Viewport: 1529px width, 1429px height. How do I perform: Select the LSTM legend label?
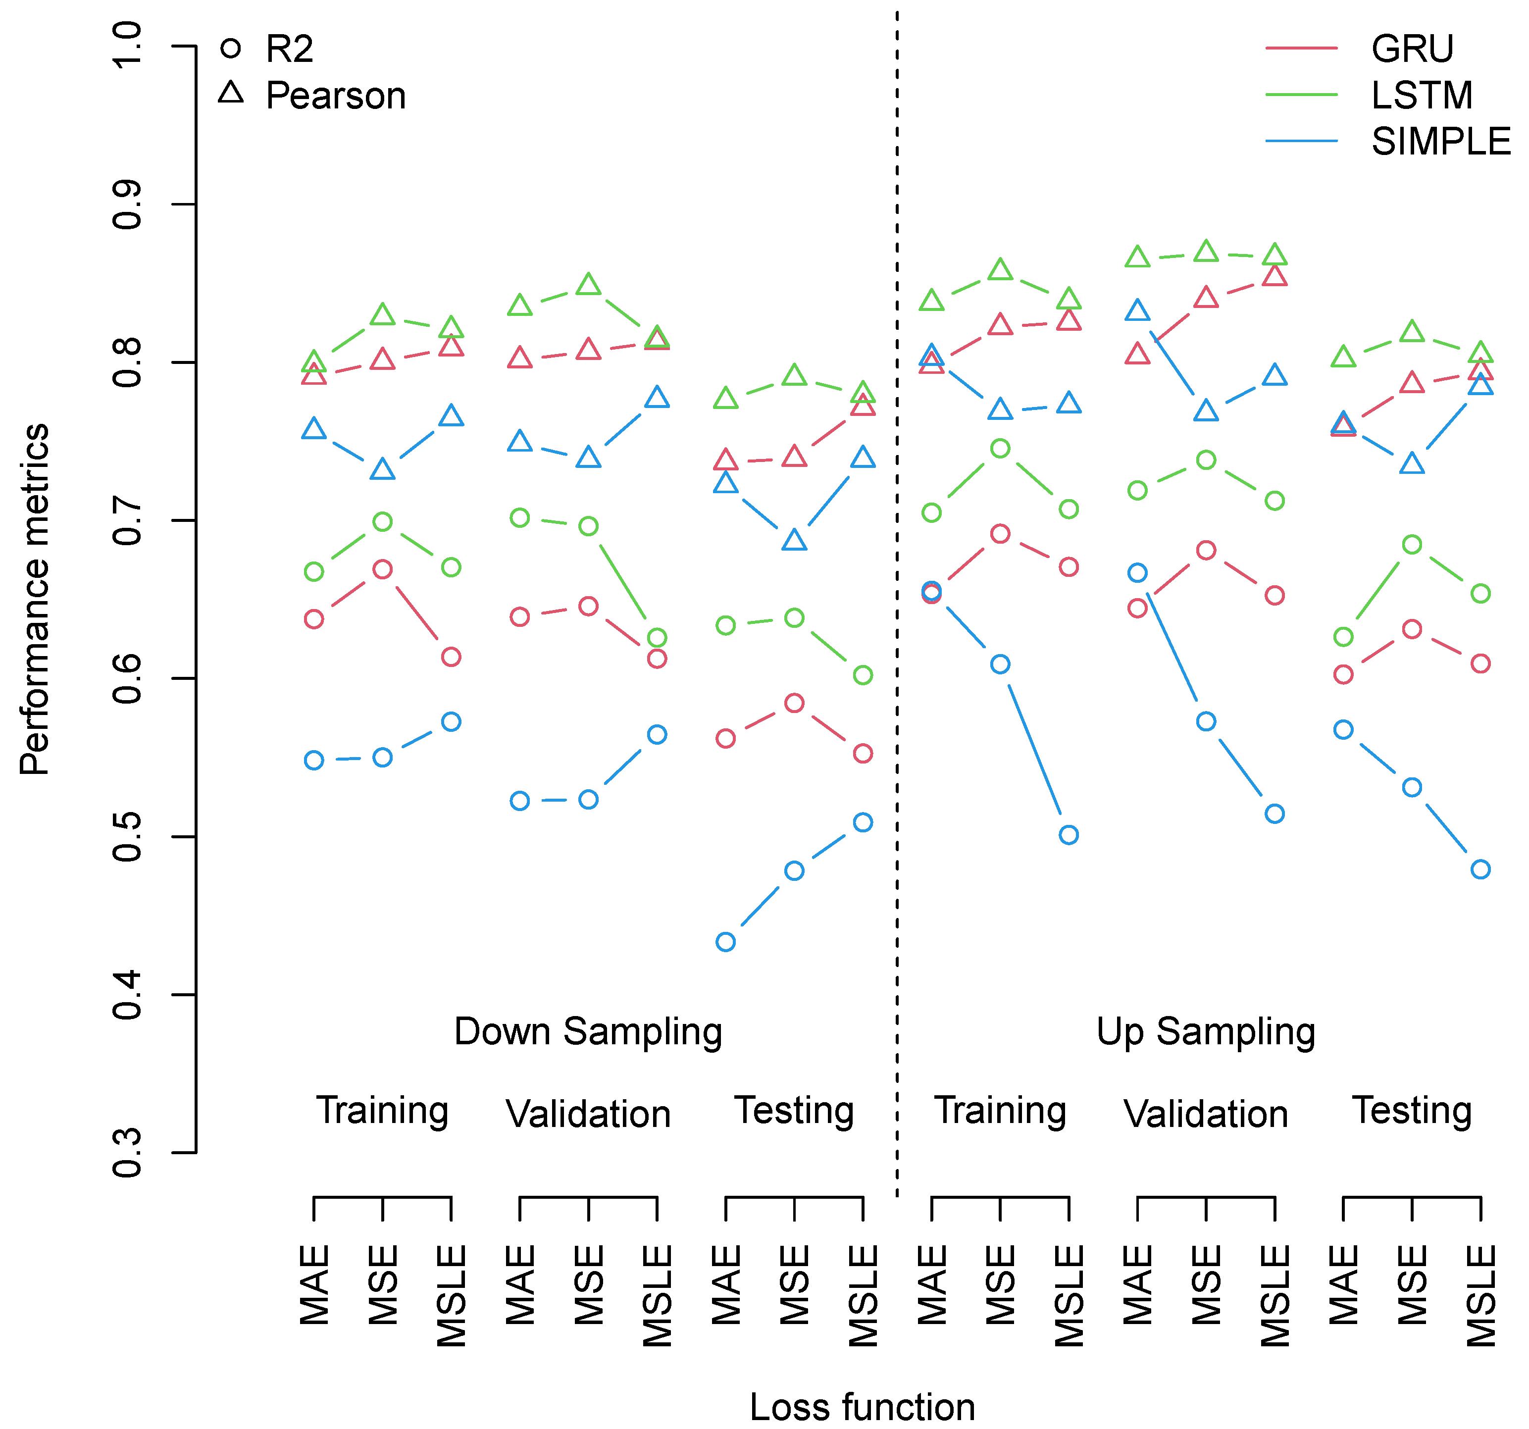1422,96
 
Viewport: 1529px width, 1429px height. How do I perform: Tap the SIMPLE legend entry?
1440,142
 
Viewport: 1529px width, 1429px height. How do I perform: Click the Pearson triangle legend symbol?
231,93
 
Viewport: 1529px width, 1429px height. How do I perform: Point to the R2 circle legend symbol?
231,49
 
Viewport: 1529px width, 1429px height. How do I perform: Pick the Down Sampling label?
588,1031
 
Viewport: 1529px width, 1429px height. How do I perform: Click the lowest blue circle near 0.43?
725,941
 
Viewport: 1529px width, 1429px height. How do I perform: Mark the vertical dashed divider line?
897,615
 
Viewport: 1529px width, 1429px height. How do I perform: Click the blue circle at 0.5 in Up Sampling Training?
1069,834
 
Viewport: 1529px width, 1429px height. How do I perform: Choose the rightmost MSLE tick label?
1480,1296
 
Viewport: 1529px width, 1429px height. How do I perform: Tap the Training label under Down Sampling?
382,1111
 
